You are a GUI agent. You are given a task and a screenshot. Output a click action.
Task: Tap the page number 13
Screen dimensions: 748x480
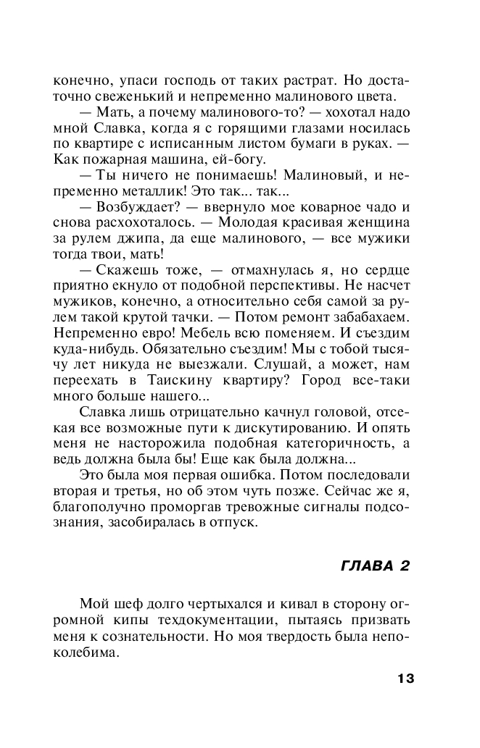[405, 678]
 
